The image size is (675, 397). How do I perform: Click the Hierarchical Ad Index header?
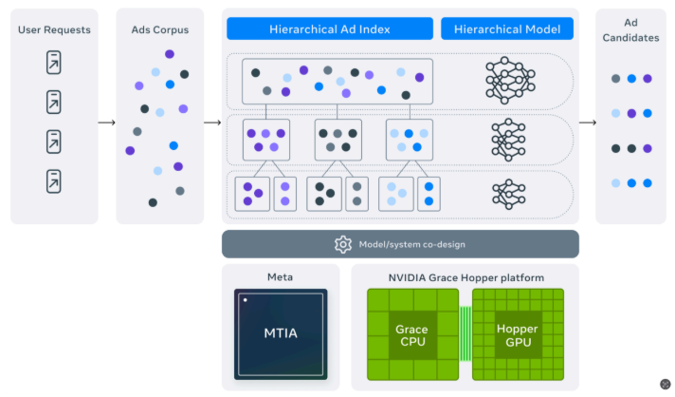pos(330,28)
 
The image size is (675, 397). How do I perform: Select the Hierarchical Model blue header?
pos(507,28)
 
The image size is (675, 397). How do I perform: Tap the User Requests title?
pos(54,29)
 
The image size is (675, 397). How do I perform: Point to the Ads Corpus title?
pos(159,29)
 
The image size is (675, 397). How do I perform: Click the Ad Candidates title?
pos(630,28)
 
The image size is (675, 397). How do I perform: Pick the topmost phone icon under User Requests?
pos(54,63)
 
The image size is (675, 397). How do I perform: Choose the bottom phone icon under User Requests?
pos(54,180)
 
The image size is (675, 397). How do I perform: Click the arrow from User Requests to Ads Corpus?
pos(106,122)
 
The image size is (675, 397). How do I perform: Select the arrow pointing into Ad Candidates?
pos(588,122)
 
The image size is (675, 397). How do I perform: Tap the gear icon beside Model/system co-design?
pos(343,244)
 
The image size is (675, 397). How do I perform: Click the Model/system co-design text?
pos(411,244)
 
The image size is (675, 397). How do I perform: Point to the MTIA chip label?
pos(281,334)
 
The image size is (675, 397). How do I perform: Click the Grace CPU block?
pos(412,334)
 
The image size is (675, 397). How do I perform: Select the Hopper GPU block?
pos(518,334)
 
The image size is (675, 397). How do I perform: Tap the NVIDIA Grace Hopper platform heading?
pos(465,277)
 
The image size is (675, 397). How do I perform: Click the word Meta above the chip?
pos(281,277)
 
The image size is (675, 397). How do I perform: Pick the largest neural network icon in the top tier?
pos(507,80)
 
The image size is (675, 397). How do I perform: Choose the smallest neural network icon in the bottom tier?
pos(507,193)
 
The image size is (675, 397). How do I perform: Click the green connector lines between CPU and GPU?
pos(465,334)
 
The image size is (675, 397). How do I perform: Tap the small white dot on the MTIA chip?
pos(245,299)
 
